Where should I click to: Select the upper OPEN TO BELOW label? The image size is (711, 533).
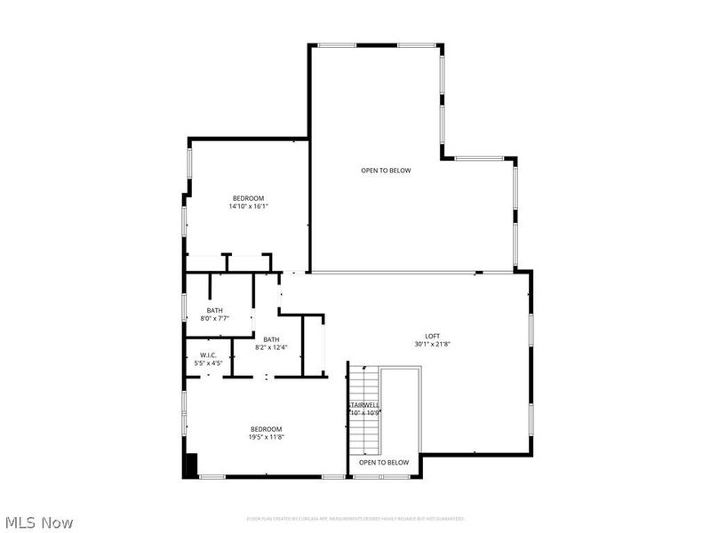point(386,171)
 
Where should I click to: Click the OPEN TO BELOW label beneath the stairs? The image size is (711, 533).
point(384,463)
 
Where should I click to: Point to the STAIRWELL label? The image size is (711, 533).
point(363,405)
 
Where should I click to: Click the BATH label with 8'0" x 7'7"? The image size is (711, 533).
point(214,310)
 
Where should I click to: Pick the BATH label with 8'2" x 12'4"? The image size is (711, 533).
point(271,338)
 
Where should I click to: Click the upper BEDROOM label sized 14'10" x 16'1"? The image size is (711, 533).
point(248,198)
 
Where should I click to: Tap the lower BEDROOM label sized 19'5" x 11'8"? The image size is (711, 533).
point(266,429)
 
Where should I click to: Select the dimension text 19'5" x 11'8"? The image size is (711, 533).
point(266,437)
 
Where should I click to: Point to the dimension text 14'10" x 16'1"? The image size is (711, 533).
point(248,206)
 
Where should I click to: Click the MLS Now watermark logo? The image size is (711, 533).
point(39,523)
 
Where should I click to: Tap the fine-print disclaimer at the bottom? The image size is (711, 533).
point(355,519)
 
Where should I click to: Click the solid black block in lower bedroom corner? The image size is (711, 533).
point(189,465)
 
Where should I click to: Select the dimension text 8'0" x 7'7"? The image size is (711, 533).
point(214,318)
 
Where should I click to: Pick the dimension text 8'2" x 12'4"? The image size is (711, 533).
point(271,346)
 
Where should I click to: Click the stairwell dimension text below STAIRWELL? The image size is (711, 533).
point(363,413)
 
